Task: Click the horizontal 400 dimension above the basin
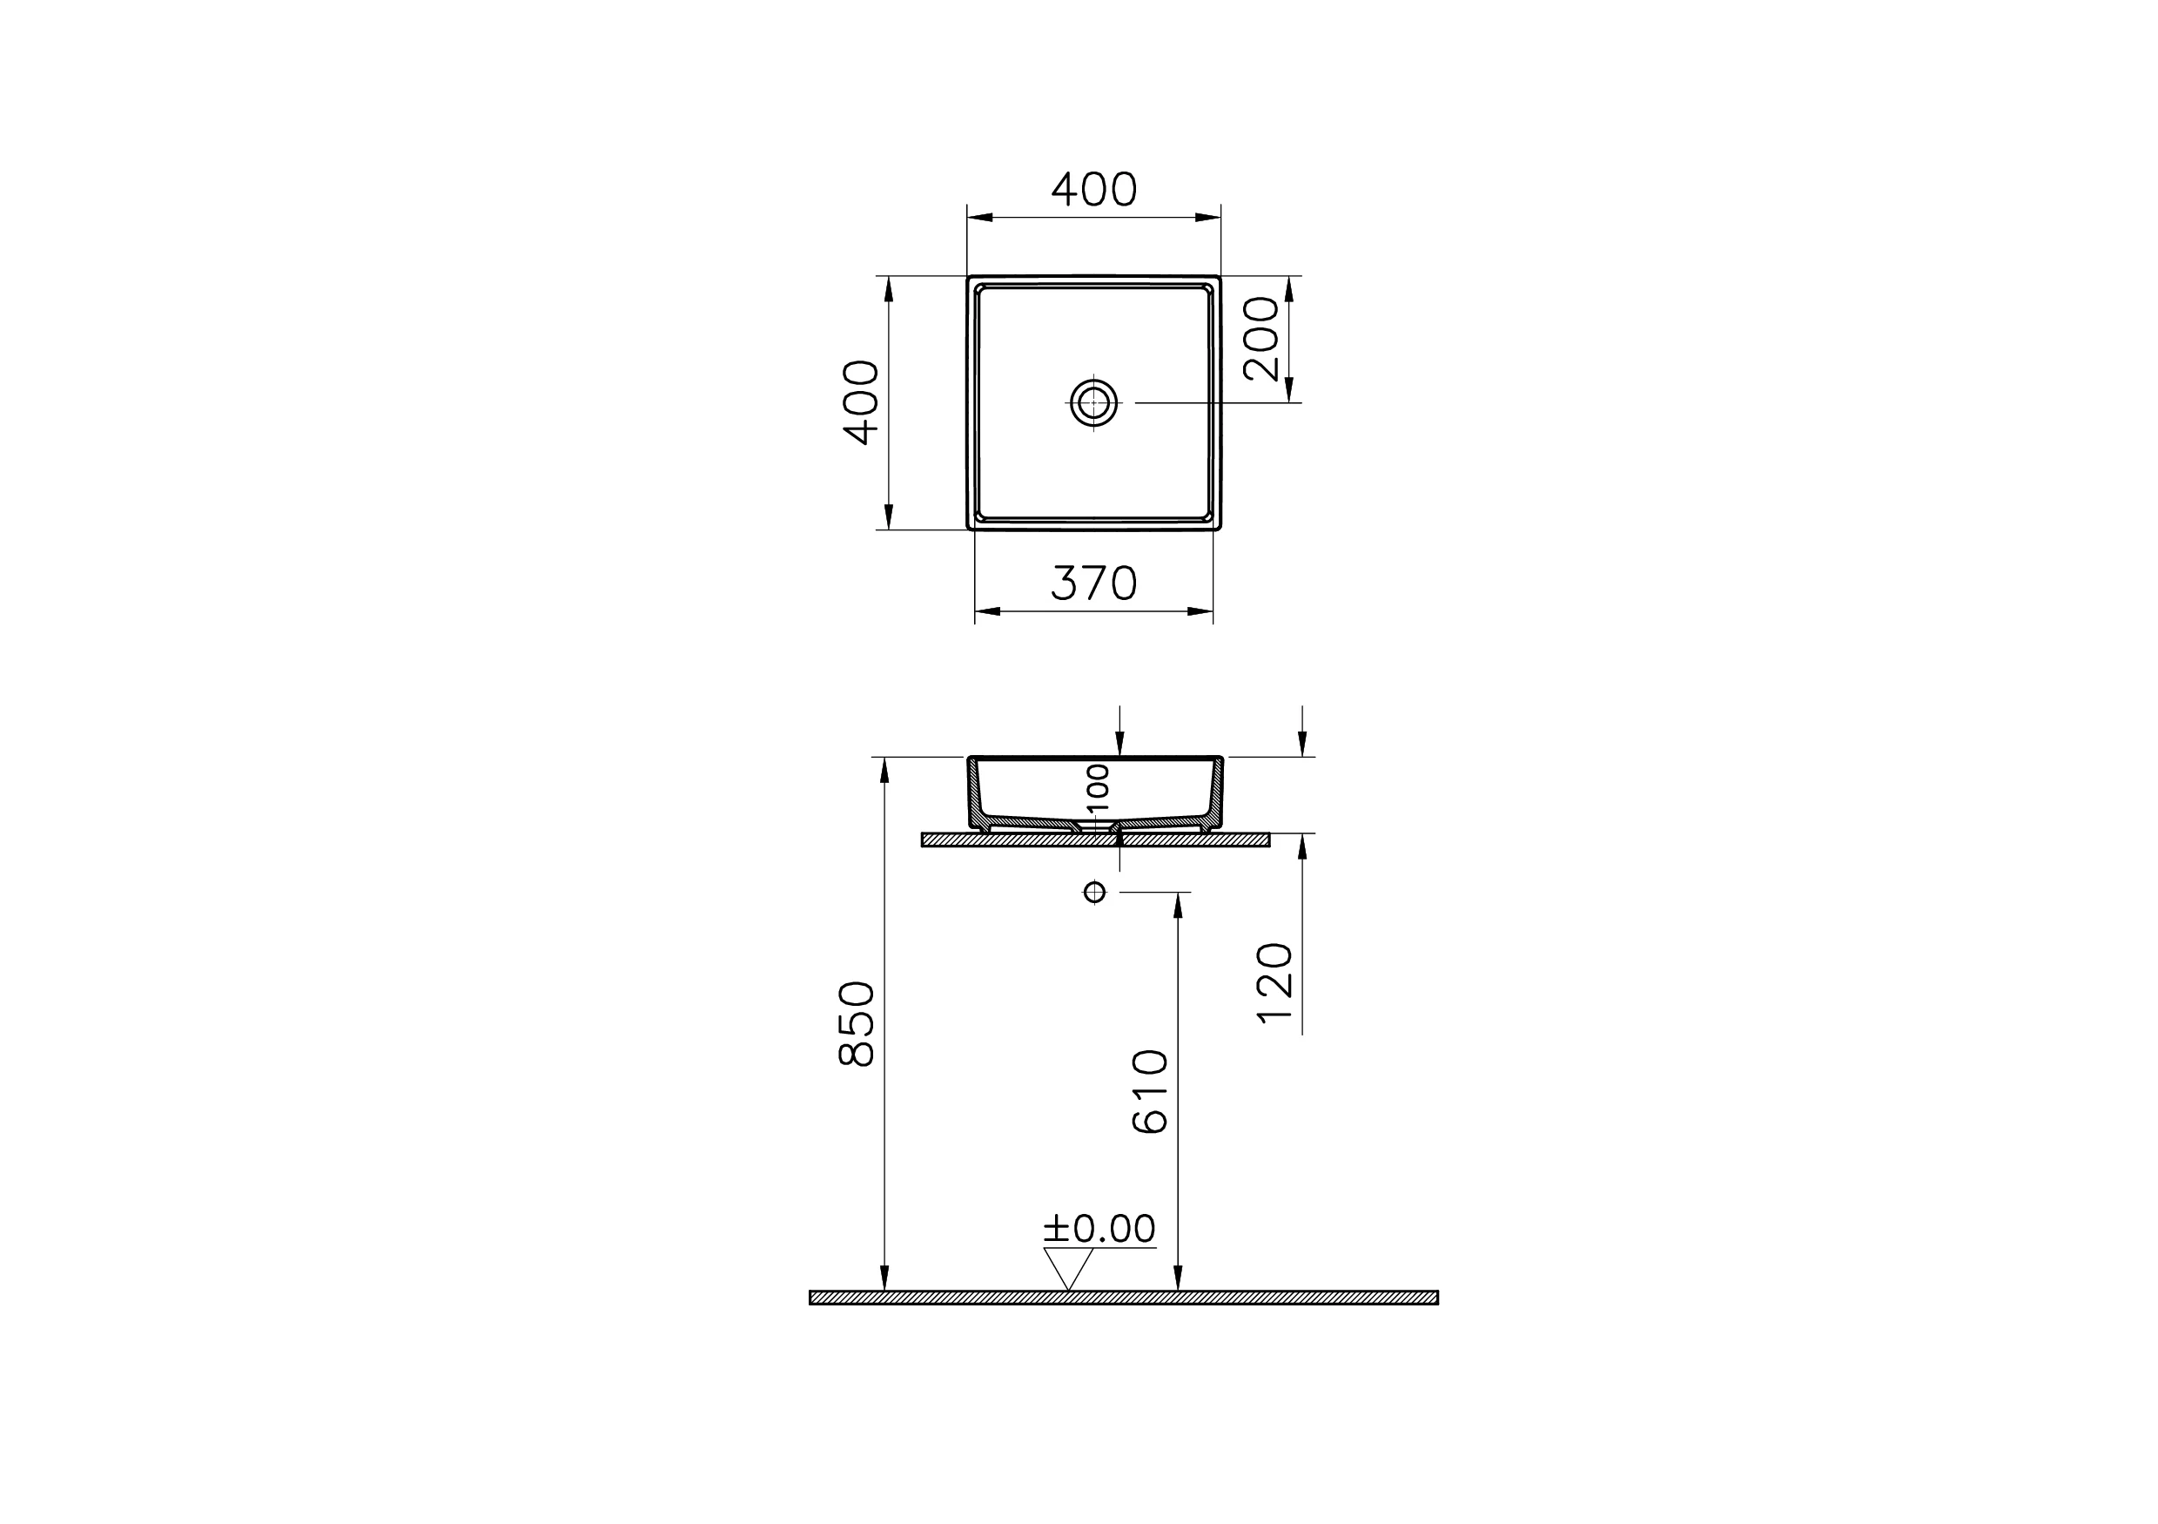click(x=1093, y=190)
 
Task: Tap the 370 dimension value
click(x=1093, y=583)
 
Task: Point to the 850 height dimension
click(x=857, y=1024)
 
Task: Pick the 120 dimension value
click(x=1275, y=982)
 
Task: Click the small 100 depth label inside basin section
click(x=1098, y=788)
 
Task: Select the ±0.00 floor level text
click(x=1099, y=1228)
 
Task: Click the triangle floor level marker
click(x=1069, y=1266)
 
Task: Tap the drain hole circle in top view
click(x=1094, y=403)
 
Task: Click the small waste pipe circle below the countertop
click(x=1094, y=891)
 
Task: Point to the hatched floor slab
click(x=1123, y=1298)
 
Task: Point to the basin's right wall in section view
click(x=1216, y=793)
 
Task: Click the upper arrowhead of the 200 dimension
click(x=1289, y=287)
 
